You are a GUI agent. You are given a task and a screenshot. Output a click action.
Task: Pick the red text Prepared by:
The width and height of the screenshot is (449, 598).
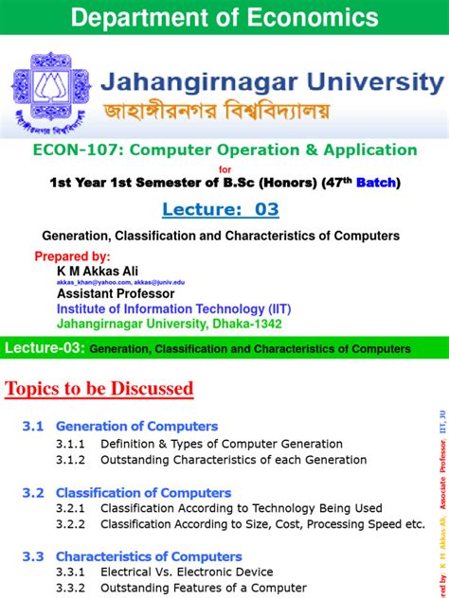[x=73, y=256]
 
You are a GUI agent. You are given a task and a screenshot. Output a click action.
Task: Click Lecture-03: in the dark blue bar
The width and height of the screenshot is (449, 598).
[x=45, y=348]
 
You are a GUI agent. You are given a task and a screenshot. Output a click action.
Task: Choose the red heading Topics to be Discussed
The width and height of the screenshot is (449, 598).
[x=99, y=388]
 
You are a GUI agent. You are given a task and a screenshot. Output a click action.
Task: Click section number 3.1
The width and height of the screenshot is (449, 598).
[x=33, y=427]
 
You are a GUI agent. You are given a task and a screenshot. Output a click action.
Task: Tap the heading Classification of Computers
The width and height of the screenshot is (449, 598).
[x=143, y=493]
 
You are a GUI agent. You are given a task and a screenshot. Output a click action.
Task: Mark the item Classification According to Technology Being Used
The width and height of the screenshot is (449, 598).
[x=241, y=508]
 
